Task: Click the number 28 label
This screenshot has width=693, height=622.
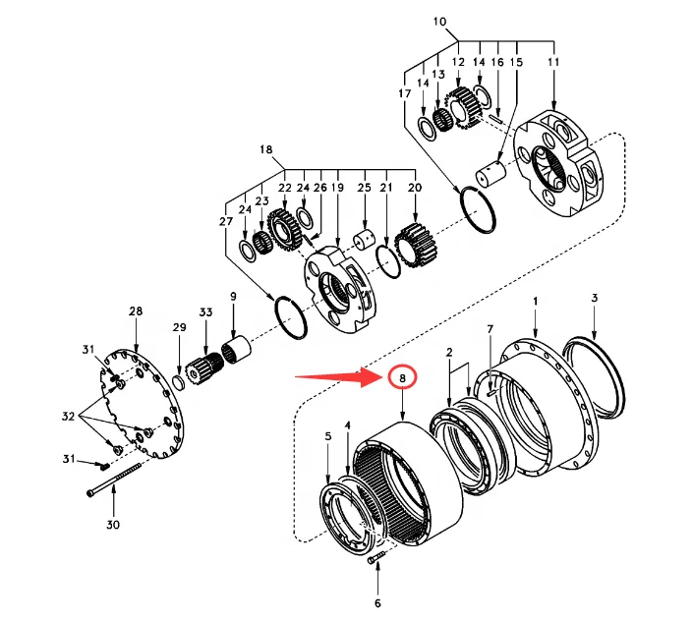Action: pos(136,311)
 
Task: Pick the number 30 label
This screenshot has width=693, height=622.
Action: pos(113,525)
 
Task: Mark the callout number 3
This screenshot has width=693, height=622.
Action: pos(594,298)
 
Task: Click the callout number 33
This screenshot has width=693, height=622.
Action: pos(205,311)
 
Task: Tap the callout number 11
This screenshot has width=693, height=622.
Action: pos(551,62)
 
